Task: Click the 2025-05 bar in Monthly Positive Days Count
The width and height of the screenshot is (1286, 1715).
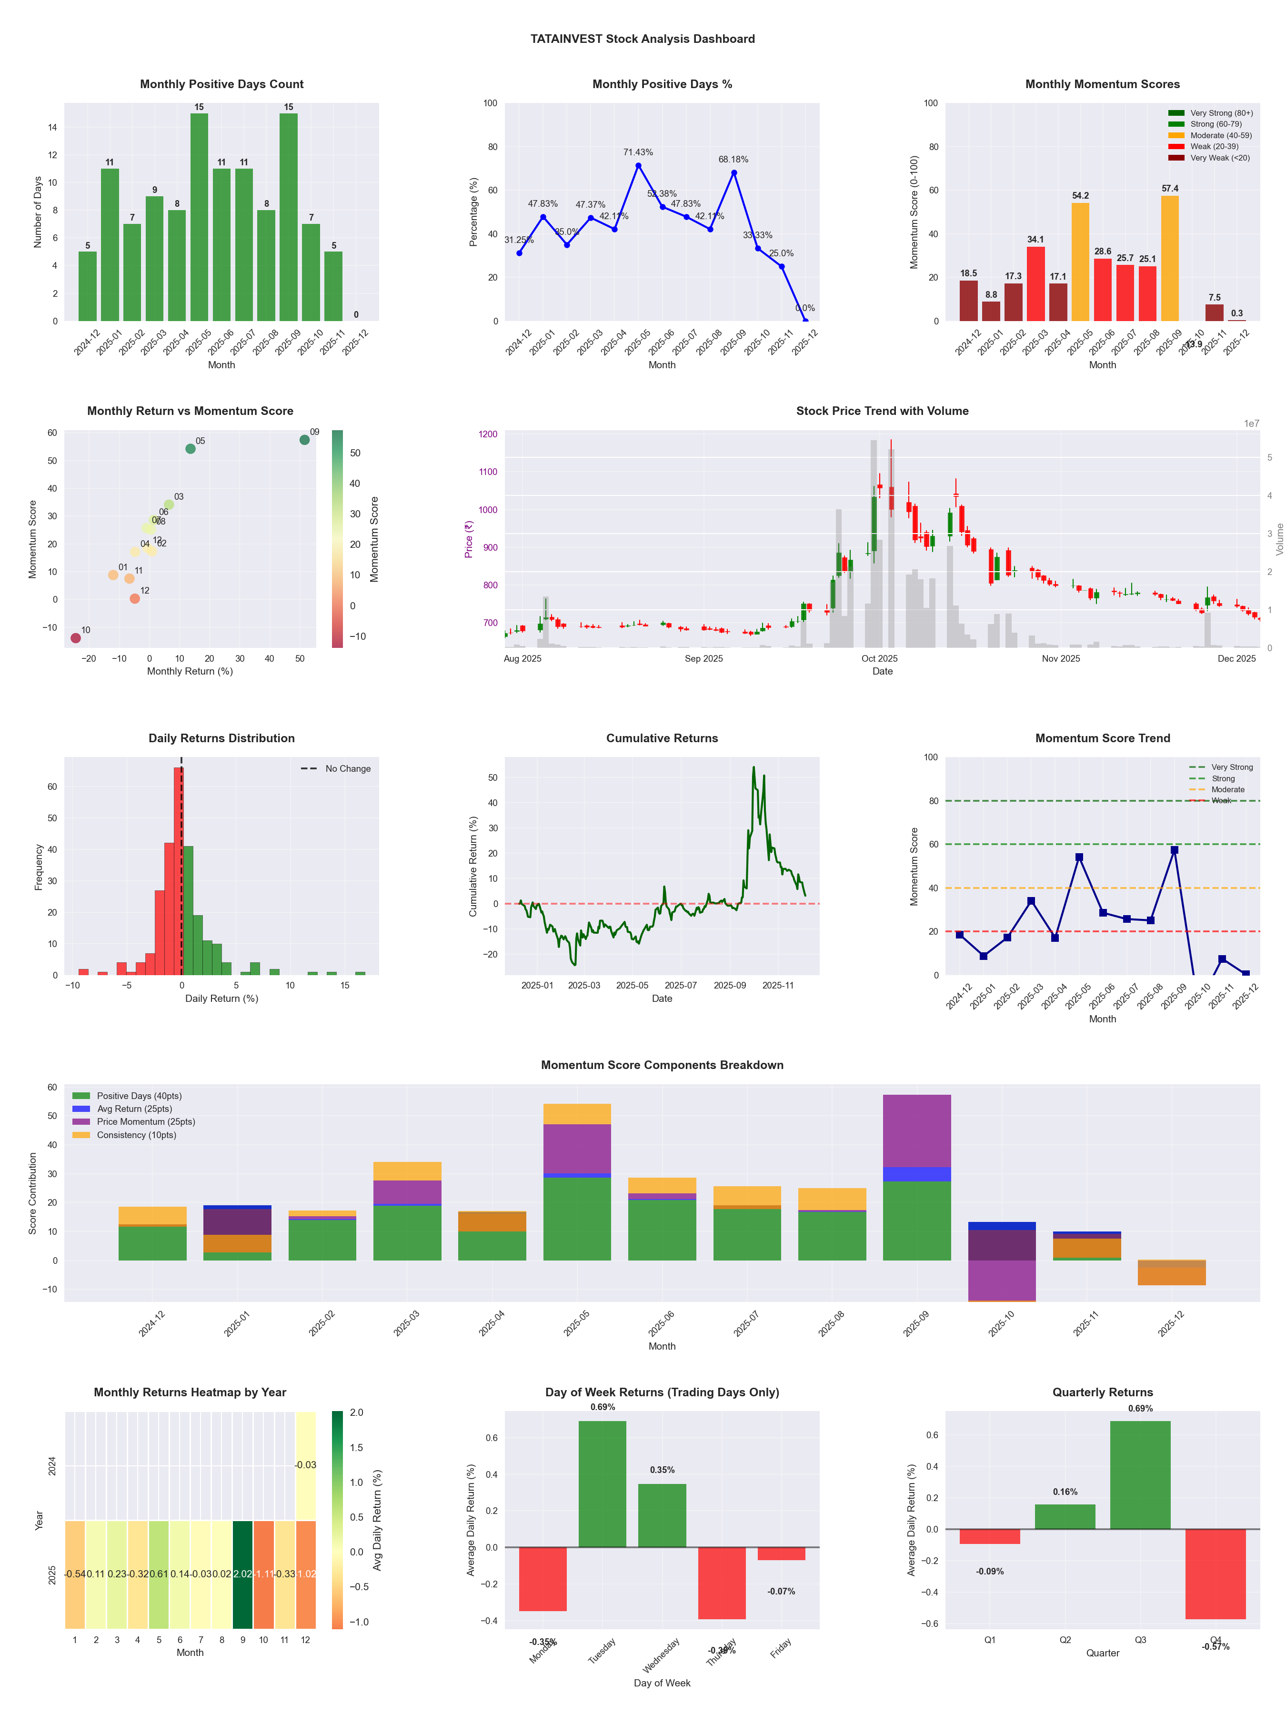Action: pyautogui.click(x=199, y=217)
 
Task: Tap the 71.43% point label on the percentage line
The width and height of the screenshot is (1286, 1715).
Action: pyautogui.click(x=638, y=152)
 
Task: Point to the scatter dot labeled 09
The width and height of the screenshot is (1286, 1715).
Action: pyautogui.click(x=305, y=440)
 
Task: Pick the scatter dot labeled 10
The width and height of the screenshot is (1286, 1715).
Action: pyautogui.click(x=75, y=638)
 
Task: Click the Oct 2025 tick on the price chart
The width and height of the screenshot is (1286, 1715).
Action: pyautogui.click(x=879, y=659)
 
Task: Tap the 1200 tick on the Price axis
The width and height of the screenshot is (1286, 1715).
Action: pyautogui.click(x=488, y=434)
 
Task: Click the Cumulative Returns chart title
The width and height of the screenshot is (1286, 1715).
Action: pyautogui.click(x=662, y=738)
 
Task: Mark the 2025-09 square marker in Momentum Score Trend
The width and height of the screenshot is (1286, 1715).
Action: pyautogui.click(x=1175, y=850)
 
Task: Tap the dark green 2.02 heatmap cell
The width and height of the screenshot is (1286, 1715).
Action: pyautogui.click(x=242, y=1574)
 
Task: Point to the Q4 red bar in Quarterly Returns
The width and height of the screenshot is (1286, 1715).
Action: pyautogui.click(x=1216, y=1574)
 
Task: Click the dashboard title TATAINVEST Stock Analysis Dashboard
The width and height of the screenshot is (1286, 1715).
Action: pyautogui.click(x=643, y=39)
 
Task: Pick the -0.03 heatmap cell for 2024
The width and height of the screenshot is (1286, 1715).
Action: pyautogui.click(x=305, y=1465)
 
